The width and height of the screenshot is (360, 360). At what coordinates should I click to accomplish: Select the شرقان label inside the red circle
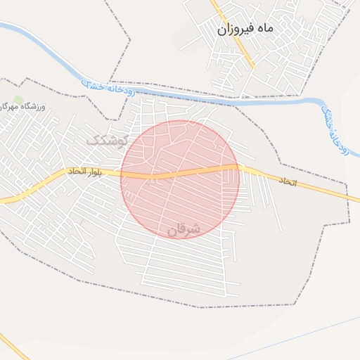(x=185, y=229)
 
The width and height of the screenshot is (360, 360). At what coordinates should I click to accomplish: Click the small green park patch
(x=18, y=99)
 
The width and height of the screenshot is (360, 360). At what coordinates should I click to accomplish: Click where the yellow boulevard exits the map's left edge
(x=2, y=200)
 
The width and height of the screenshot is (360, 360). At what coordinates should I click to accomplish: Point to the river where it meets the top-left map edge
(x=3, y=26)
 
